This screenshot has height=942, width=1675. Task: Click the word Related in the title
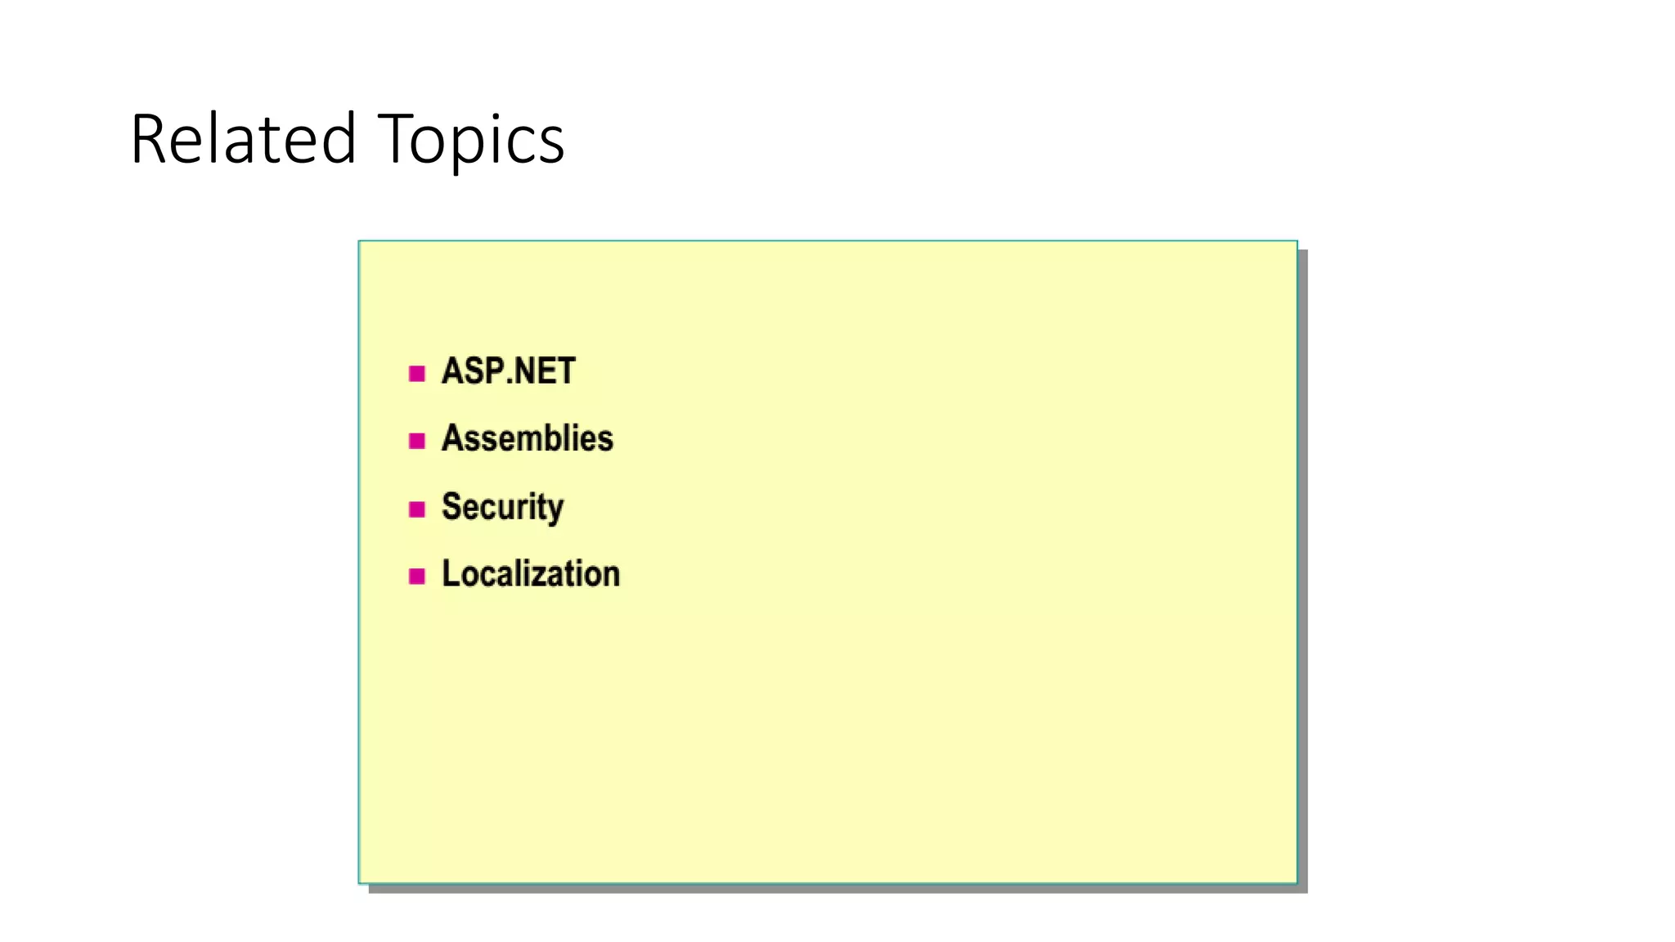point(243,139)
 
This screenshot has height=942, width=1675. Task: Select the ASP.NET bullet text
point(508,371)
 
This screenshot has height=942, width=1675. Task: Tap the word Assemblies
point(527,439)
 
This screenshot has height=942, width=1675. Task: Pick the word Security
point(502,507)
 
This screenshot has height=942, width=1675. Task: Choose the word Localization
point(531,574)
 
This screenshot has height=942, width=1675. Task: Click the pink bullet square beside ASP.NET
point(417,374)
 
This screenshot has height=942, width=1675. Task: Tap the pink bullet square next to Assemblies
point(417,442)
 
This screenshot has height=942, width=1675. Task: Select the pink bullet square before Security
point(417,509)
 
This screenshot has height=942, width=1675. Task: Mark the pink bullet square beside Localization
point(417,576)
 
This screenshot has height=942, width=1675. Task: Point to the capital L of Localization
point(450,574)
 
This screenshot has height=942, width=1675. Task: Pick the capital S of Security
point(451,506)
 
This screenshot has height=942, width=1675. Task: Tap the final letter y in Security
point(556,510)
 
